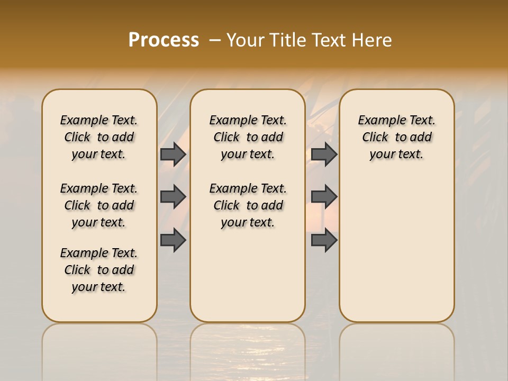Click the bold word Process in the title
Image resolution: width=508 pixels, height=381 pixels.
164,40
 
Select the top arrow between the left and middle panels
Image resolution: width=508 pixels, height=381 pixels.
173,154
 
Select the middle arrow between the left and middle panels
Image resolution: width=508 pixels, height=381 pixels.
173,197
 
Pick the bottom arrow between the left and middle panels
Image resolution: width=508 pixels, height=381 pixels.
173,240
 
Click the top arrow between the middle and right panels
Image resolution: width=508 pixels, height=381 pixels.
324,154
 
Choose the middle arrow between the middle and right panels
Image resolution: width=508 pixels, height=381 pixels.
324,197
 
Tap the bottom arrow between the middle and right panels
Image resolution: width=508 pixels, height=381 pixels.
324,240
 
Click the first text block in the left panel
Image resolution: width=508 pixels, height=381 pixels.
99,137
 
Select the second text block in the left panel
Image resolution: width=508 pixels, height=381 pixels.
99,205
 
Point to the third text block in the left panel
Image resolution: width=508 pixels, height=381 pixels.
99,270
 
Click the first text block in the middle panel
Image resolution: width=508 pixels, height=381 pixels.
248,137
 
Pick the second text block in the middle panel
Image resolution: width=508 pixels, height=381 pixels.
248,205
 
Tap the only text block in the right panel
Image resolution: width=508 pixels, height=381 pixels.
397,137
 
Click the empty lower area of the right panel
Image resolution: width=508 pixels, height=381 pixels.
397,254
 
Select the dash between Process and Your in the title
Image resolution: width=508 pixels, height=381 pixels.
213,40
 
